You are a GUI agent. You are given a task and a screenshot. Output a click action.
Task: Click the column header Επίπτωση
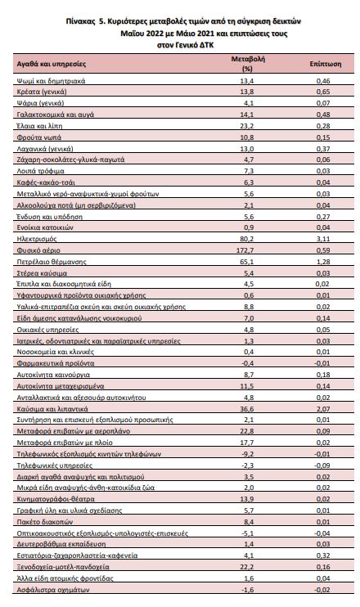coord(325,64)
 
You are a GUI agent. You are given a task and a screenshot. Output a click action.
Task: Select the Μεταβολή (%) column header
coord(248,64)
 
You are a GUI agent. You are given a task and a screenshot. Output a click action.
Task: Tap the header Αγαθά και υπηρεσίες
coord(51,64)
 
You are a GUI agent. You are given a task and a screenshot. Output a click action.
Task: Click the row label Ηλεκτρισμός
coord(37,239)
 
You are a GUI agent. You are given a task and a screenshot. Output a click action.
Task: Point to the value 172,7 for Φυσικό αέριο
coord(245,250)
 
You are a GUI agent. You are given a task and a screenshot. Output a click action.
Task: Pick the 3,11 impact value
coord(323,239)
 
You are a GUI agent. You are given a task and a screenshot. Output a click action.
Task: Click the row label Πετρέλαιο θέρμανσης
coord(52,262)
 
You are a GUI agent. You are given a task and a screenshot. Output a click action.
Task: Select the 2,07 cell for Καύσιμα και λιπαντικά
coord(323,409)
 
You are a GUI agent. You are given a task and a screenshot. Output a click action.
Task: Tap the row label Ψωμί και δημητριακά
coord(51,81)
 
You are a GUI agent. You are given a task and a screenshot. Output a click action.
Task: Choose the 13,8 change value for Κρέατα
coord(247,92)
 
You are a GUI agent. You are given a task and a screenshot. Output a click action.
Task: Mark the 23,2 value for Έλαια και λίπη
coord(247,126)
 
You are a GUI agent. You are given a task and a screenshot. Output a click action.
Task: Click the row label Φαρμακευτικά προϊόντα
coord(56,363)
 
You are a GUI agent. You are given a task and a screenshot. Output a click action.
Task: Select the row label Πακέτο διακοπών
coord(44,522)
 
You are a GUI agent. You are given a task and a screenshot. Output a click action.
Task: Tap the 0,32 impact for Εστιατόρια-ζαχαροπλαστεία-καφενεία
coord(323,555)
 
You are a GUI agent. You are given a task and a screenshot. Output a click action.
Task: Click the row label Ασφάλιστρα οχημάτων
coord(53,590)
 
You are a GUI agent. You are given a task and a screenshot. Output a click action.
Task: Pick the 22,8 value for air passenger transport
coord(247,431)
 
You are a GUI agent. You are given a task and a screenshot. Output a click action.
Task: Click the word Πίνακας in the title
coord(80,21)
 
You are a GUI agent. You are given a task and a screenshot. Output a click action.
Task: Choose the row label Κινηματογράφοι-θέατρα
coord(56,499)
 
